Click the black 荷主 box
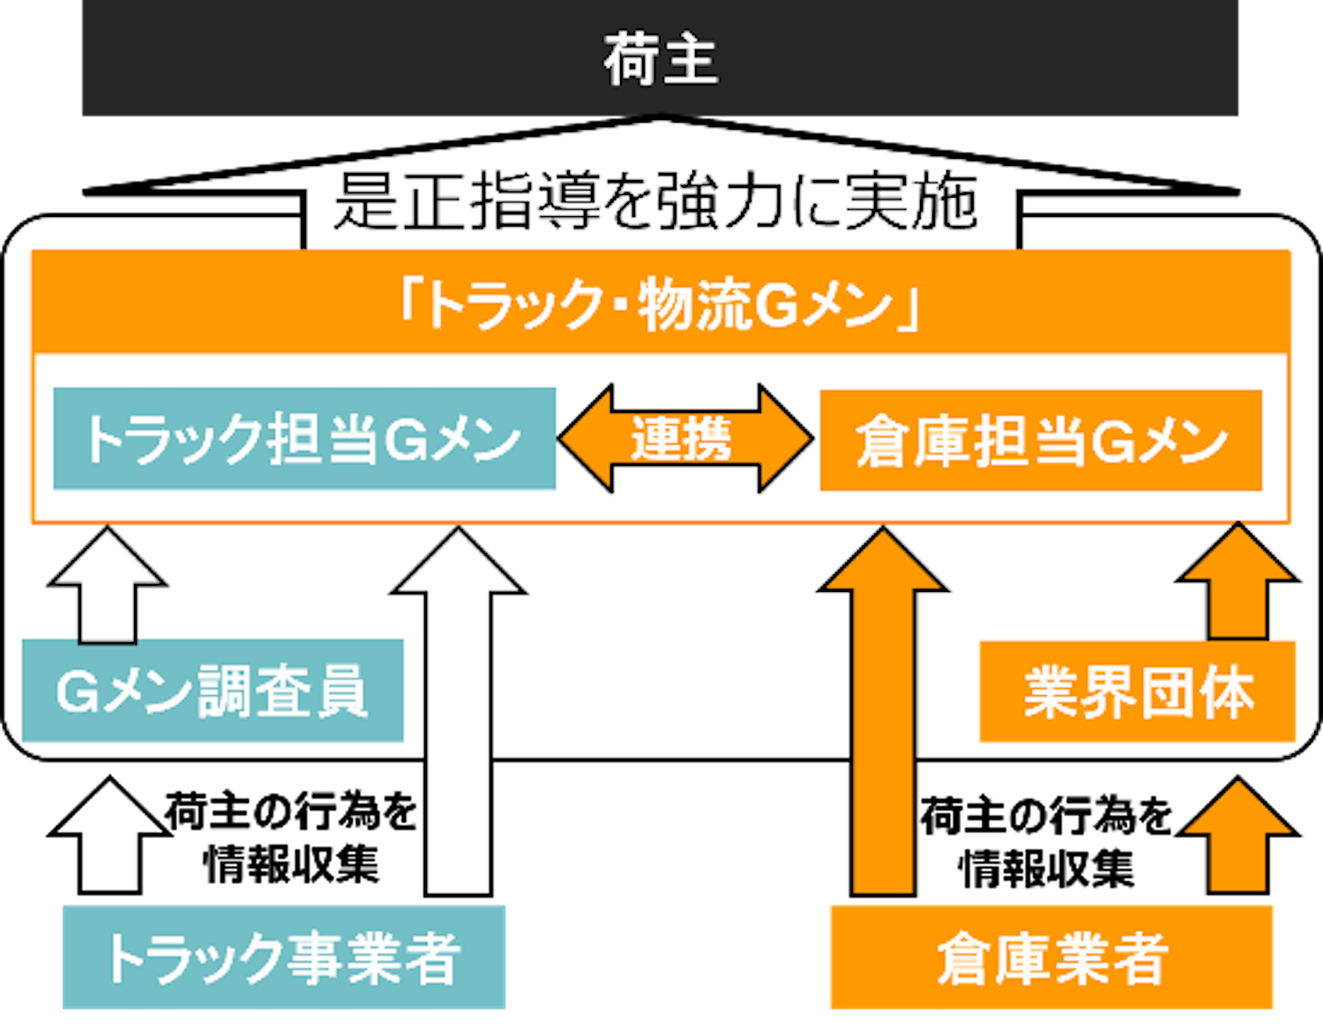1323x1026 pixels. (x=660, y=58)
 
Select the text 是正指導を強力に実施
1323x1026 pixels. (x=656, y=200)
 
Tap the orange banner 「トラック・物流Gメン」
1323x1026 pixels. (x=661, y=302)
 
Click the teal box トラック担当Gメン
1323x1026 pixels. (x=304, y=438)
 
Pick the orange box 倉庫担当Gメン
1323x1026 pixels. (x=1041, y=439)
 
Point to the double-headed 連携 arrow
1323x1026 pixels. (x=685, y=438)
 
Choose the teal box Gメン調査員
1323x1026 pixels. (x=213, y=691)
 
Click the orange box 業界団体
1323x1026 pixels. (x=1137, y=692)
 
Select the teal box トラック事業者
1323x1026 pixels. (x=284, y=957)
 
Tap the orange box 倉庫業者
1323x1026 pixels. (x=1052, y=957)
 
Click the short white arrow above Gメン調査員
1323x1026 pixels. (x=108, y=585)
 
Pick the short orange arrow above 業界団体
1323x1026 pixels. (x=1237, y=581)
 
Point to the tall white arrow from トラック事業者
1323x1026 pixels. (x=459, y=711)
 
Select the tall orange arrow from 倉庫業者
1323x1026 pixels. (x=883, y=711)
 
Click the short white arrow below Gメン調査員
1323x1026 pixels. (x=109, y=835)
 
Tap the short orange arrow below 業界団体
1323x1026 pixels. (x=1237, y=835)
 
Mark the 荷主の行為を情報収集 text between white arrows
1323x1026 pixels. (x=290, y=839)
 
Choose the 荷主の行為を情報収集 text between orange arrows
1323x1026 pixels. (x=1046, y=843)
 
